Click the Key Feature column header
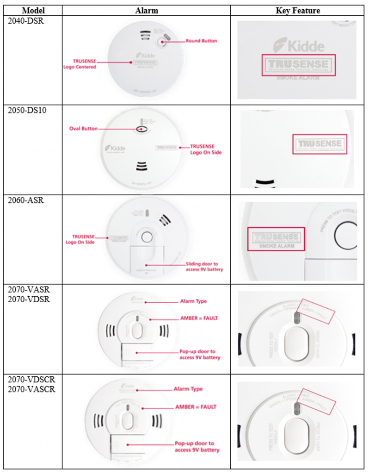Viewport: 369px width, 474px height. (297, 10)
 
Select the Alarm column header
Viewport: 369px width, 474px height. (146, 10)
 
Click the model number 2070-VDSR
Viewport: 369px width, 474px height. (29, 298)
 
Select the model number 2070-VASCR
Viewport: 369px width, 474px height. (31, 389)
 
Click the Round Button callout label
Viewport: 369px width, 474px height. (201, 41)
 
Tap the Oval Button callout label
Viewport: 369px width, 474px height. (83, 129)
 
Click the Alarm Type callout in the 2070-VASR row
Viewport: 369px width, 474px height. (193, 301)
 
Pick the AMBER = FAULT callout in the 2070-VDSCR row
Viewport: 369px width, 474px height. (195, 407)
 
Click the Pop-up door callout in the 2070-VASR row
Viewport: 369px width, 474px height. (200, 355)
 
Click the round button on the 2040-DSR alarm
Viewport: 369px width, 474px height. (161, 42)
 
